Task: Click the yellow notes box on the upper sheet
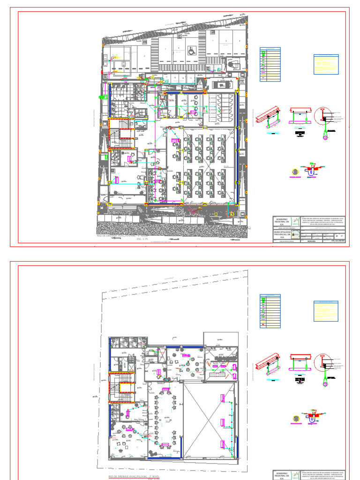tap(326, 65)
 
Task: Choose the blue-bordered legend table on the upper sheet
tap(270, 64)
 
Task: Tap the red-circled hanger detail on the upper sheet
tap(324, 119)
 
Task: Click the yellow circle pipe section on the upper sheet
tap(295, 172)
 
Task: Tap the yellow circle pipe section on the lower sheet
tap(295, 418)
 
